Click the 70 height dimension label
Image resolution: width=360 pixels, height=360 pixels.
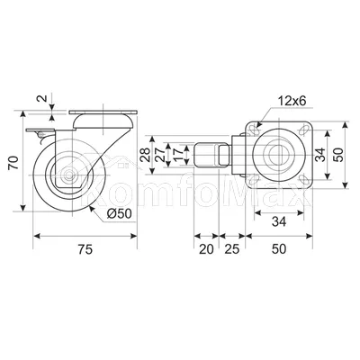(14, 162)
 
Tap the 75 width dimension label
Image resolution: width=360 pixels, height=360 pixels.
(85, 249)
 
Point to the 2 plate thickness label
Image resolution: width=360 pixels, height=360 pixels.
(42, 98)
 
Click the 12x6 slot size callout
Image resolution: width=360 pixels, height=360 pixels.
(292, 101)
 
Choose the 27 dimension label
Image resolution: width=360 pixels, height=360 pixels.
(160, 155)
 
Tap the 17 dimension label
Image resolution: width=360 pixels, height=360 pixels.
(178, 155)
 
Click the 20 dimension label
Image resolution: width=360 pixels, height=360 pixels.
(206, 249)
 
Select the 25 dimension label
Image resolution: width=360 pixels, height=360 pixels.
(232, 249)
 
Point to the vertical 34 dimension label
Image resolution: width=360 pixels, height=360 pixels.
(320, 155)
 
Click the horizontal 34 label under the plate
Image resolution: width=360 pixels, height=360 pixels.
(279, 221)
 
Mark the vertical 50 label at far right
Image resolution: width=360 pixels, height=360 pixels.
(338, 155)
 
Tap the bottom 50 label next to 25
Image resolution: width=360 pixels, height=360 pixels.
(279, 249)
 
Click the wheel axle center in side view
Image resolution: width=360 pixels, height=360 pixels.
(69, 175)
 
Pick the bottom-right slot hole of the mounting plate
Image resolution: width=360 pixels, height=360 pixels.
(304, 180)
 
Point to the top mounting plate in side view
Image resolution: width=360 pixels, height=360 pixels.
(103, 112)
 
